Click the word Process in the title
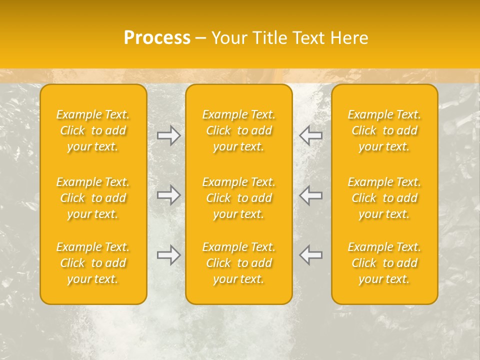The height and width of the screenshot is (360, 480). click(157, 38)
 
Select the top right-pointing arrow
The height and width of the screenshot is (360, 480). click(168, 135)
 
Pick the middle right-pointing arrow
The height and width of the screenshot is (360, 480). click(168, 195)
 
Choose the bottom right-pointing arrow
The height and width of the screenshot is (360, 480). click(168, 255)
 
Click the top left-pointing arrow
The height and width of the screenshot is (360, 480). click(311, 135)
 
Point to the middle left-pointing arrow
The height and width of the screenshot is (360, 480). click(311, 195)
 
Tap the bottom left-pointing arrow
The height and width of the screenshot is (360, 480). click(311, 255)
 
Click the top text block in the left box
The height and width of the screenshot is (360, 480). click(93, 130)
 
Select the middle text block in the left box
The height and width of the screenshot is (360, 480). click(93, 198)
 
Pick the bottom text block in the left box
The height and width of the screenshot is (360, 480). click(93, 263)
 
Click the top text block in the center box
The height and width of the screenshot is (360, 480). click(238, 130)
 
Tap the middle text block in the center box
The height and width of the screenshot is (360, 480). click(238, 198)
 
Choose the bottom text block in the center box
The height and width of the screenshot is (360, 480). click(238, 263)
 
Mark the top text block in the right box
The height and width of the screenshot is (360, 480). click(384, 130)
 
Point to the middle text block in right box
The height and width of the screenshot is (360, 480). click(384, 198)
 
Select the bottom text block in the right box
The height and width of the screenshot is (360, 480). click(384, 263)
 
